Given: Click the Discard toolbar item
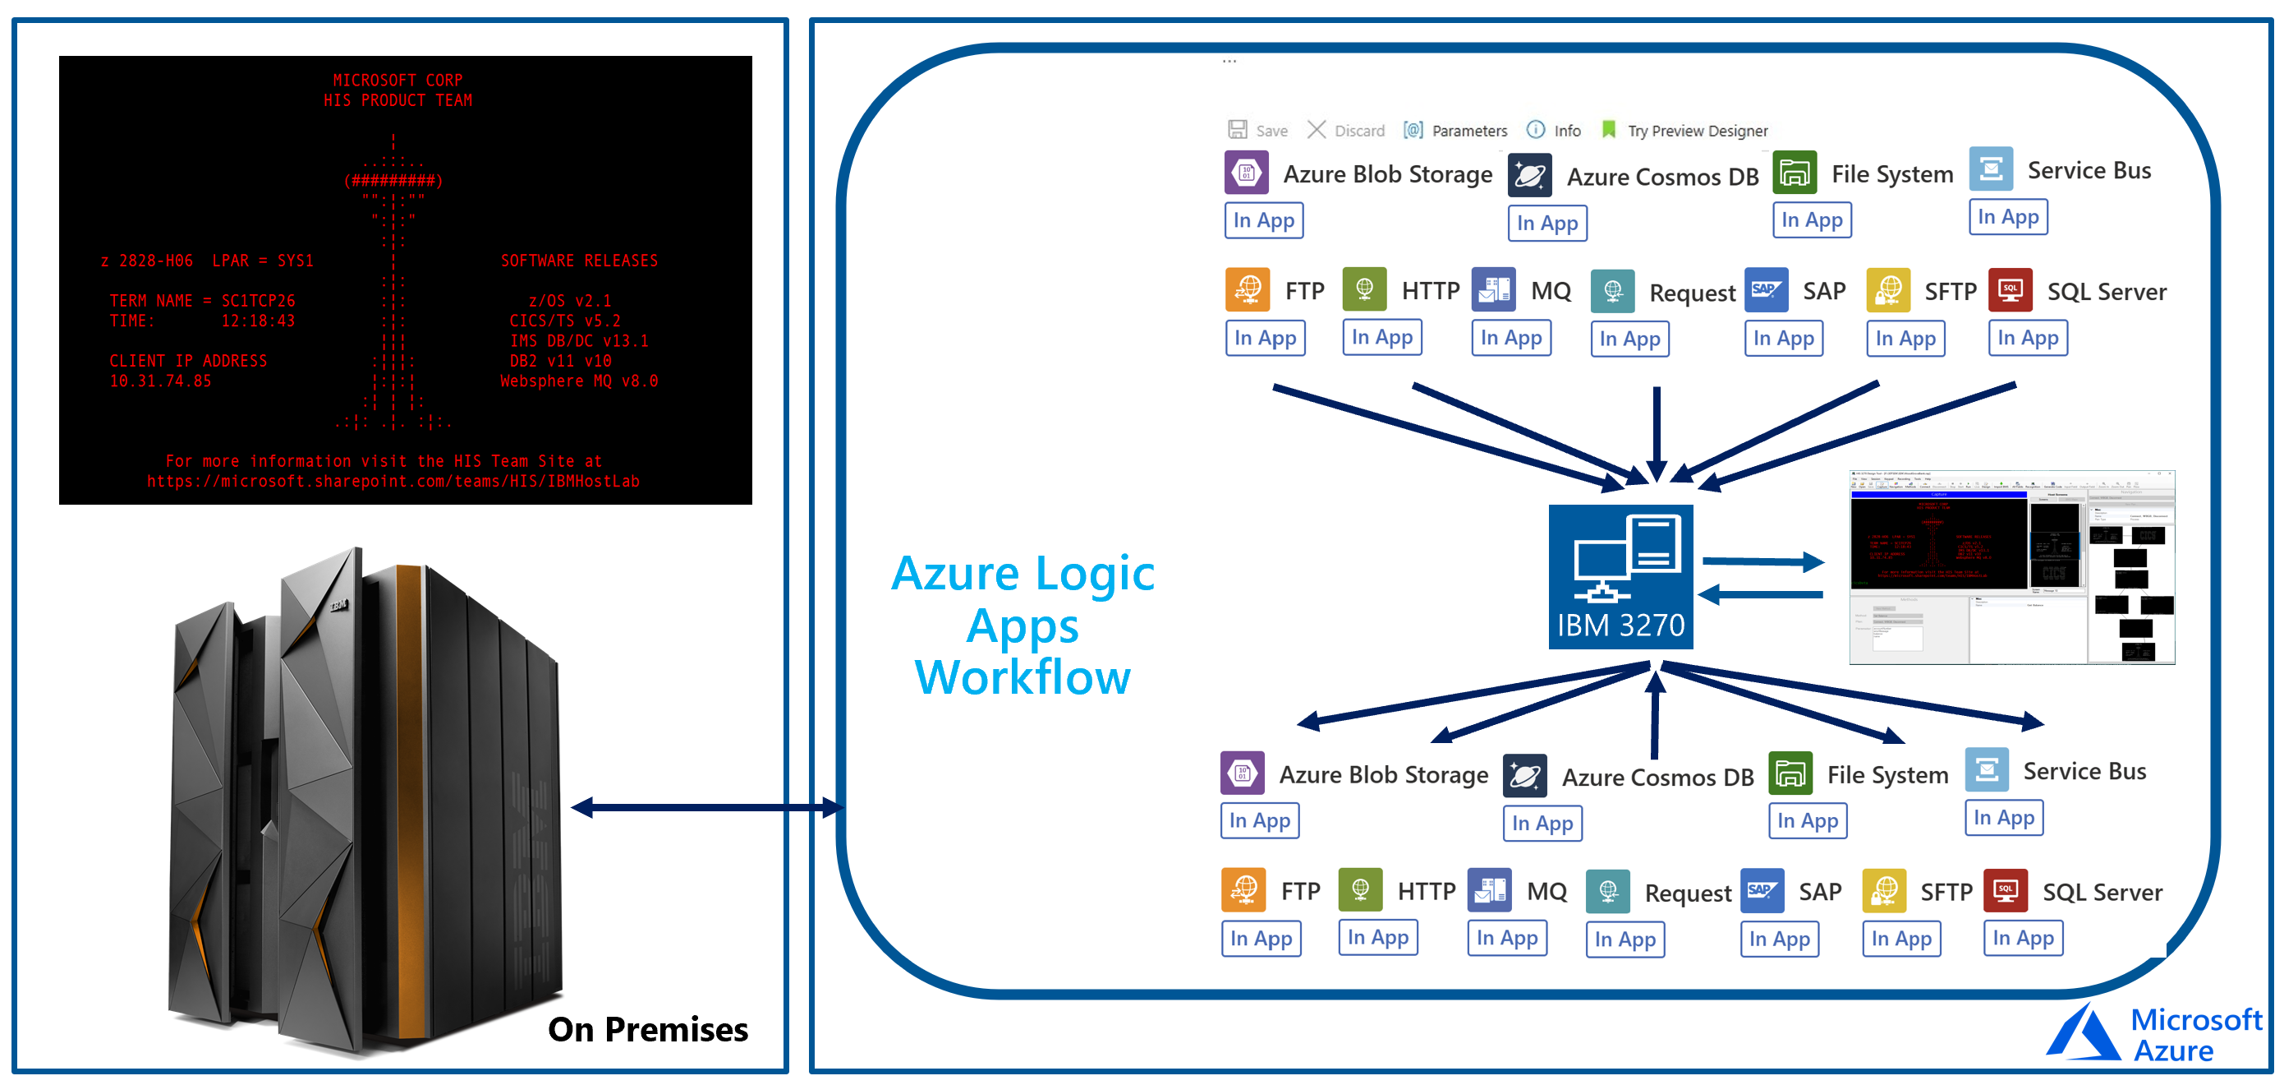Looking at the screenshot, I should click(1346, 131).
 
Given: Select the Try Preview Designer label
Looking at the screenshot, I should click(1696, 131).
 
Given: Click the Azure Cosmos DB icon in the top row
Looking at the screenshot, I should click(1529, 175).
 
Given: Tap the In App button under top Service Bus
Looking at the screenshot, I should click(2007, 216).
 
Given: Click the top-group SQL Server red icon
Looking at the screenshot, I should click(2009, 290).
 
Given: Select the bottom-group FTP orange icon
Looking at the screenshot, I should click(1243, 890).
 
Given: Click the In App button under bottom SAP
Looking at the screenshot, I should click(1780, 939).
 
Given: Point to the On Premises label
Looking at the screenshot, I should click(647, 1029).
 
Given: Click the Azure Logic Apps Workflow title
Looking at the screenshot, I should click(1023, 625).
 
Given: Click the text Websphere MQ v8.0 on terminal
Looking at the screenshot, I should click(578, 381).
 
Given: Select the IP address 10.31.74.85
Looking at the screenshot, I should click(160, 381).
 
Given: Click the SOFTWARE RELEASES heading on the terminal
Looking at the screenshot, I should click(579, 261).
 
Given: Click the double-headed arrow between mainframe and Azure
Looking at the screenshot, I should click(706, 806).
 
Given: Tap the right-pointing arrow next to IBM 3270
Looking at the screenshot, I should click(1762, 561).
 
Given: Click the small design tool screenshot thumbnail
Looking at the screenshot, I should click(2011, 567).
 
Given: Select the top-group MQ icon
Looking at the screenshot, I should click(1493, 289).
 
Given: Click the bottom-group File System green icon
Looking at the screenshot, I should click(1790, 773).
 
